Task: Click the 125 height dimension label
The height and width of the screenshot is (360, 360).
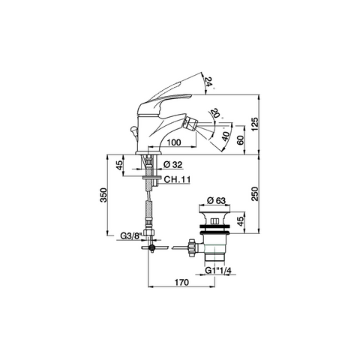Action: point(255,124)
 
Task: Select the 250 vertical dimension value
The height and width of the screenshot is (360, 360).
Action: point(255,193)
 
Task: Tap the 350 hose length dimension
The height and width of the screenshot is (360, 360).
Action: point(103,195)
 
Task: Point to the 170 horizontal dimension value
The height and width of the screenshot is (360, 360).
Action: point(181,282)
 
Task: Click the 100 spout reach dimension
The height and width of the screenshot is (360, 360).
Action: point(174,142)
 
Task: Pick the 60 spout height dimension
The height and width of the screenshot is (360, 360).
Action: point(241,140)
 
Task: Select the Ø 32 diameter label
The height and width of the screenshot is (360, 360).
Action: point(173,164)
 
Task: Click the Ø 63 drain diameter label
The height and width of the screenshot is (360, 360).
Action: point(217,200)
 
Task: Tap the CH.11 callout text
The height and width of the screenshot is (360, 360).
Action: point(177,179)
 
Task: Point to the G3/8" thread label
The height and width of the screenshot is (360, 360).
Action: point(131,235)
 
